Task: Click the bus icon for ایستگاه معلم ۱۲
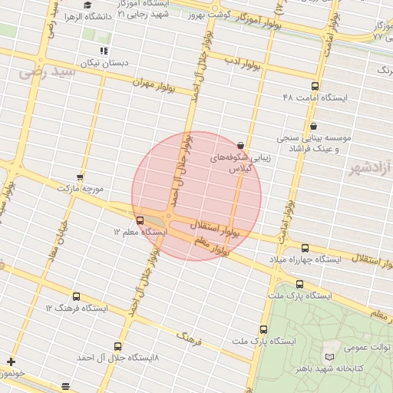[x=139, y=220]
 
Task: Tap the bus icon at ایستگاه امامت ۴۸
[x=315, y=87]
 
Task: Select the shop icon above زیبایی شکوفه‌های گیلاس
[x=241, y=144]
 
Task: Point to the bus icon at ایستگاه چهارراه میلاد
[x=305, y=248]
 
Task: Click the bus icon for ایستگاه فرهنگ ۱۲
[x=75, y=296]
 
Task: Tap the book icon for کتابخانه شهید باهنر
[x=329, y=358]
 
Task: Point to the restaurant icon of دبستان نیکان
[x=104, y=51]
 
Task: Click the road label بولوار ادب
[x=244, y=60]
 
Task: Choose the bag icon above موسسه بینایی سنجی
[x=312, y=126]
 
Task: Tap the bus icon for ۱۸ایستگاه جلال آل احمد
[x=117, y=346]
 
